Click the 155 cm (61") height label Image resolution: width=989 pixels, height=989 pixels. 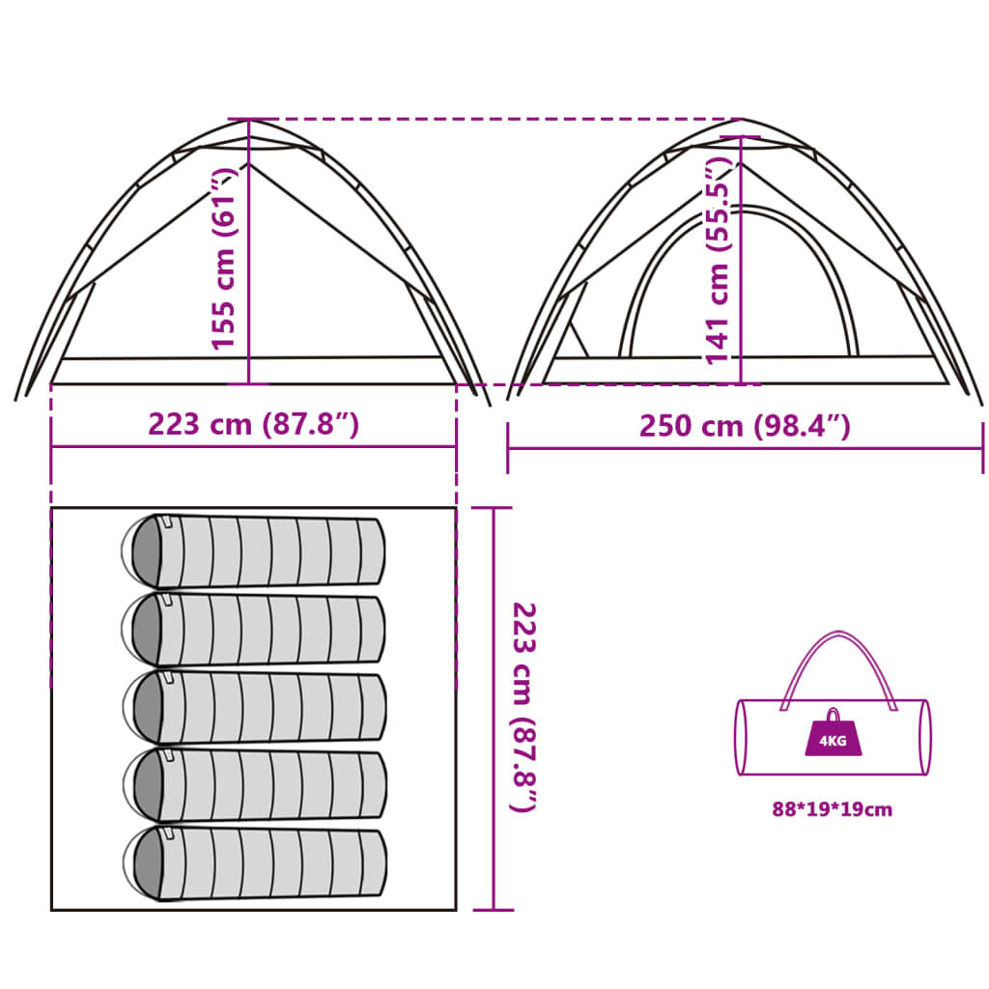click(223, 259)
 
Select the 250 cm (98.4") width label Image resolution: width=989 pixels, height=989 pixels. click(745, 426)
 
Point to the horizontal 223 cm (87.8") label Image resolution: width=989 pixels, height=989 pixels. click(254, 424)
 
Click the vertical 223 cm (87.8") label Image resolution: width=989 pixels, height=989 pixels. click(523, 707)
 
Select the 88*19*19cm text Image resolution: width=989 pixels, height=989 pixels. click(833, 809)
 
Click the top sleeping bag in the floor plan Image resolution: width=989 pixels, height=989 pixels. click(253, 551)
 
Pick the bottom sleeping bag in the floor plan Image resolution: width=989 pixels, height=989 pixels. click(254, 862)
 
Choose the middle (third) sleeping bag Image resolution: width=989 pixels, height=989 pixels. click(254, 706)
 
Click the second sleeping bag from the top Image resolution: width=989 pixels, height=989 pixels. click(253, 629)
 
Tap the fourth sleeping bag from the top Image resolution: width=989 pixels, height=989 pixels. click(254, 784)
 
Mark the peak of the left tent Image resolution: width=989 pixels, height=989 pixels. click(249, 120)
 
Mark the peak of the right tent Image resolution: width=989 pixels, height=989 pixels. click(741, 120)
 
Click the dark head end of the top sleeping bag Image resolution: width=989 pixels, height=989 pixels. click(146, 551)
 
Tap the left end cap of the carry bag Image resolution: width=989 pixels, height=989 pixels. click(742, 737)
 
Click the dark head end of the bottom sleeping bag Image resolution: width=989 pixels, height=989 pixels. click(147, 863)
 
